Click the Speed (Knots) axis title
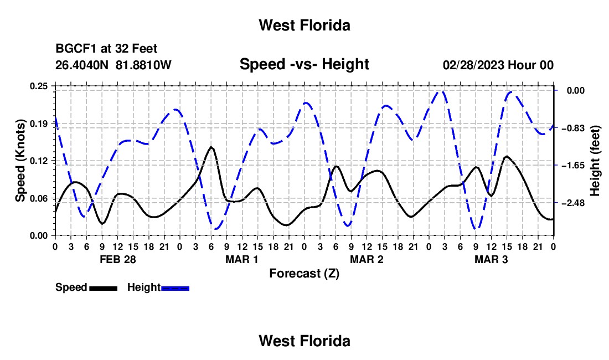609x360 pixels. click(x=20, y=161)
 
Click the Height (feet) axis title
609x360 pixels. click(x=595, y=161)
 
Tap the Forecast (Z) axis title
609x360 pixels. click(x=304, y=274)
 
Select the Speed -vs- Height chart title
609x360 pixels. click(x=304, y=64)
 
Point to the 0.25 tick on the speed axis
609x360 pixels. click(x=39, y=86)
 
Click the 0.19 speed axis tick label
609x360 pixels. click(x=39, y=124)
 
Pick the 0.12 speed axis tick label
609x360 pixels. click(x=39, y=161)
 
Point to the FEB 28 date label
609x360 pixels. click(x=118, y=259)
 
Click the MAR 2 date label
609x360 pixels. click(x=367, y=259)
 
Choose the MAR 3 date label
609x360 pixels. click(x=491, y=259)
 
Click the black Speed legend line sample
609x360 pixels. click(x=104, y=288)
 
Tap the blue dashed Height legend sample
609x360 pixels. click(x=175, y=288)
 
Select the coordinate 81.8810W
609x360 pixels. click(x=143, y=65)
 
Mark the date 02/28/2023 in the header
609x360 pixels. click(x=474, y=65)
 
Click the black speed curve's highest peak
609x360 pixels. click(x=211, y=147)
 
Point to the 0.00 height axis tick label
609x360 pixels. click(x=576, y=90)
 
